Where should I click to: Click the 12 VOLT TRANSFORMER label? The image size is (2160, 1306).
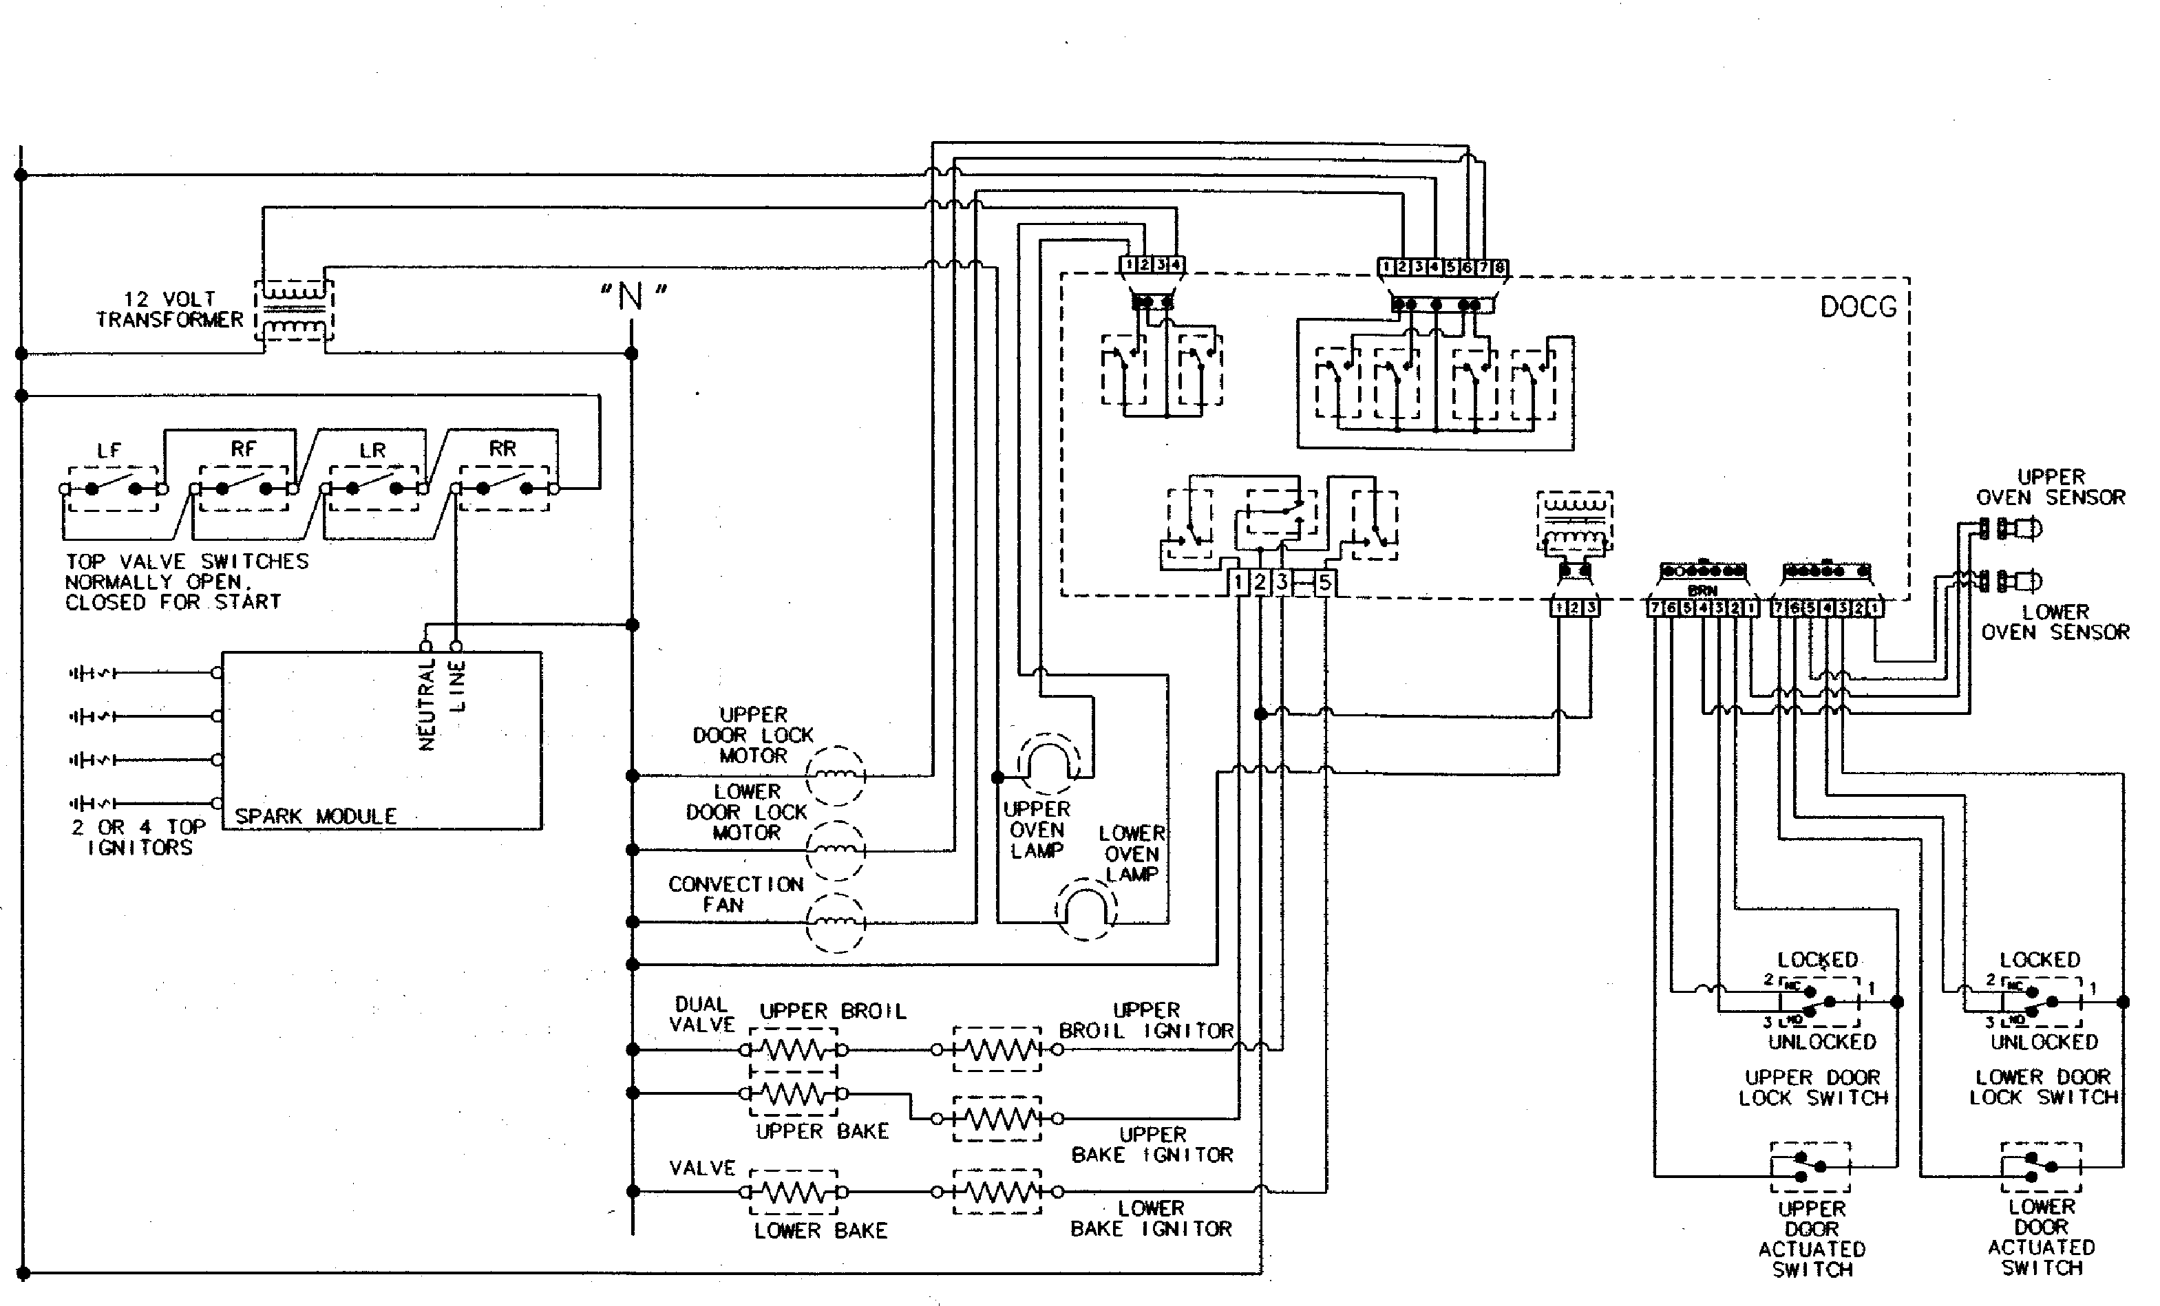169,310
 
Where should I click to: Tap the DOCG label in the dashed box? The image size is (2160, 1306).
1858,307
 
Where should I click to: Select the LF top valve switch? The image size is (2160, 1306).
113,489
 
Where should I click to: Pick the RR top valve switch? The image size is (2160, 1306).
504,489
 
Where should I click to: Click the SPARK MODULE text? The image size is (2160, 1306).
315,816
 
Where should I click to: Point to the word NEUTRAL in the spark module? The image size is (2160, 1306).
427,705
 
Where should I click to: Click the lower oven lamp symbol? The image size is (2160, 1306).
1086,910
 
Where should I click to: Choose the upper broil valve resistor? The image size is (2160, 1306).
794,1049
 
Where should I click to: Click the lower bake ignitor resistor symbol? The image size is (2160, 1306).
997,1192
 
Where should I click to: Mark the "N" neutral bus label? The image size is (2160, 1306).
632,297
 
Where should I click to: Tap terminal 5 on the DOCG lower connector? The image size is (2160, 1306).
1324,582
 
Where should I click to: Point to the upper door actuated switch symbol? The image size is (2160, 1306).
1810,1166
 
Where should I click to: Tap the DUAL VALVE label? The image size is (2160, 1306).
702,1014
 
